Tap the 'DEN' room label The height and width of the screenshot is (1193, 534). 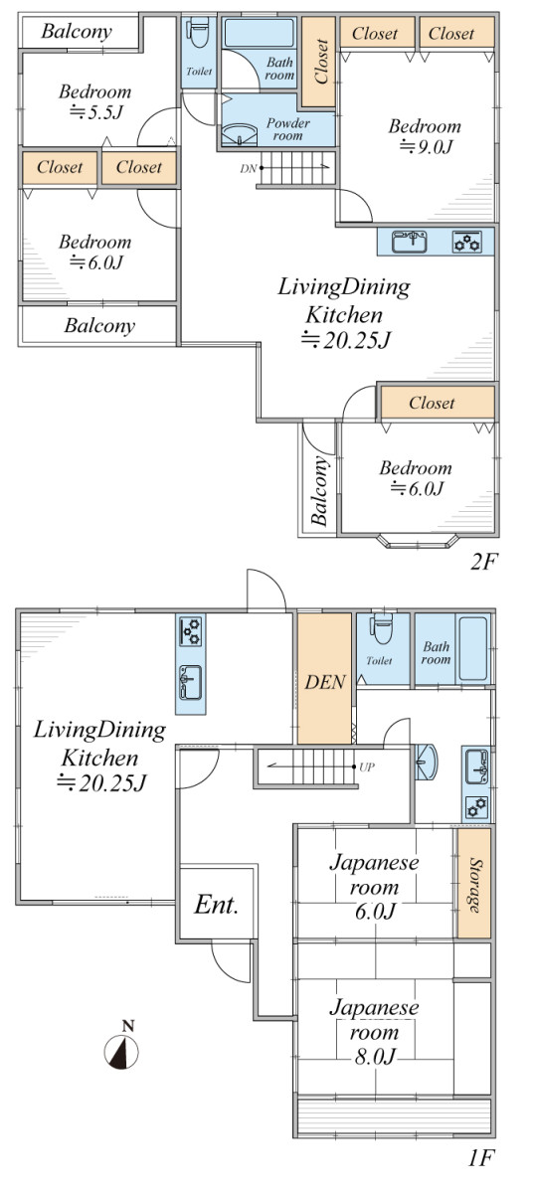(325, 682)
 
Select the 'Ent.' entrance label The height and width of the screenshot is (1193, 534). (217, 905)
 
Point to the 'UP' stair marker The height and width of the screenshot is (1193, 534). (367, 767)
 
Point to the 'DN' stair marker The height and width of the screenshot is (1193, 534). (249, 169)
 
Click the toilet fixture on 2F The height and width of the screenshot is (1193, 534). (198, 33)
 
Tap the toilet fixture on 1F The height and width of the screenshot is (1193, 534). (380, 629)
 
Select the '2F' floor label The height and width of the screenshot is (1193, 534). (483, 562)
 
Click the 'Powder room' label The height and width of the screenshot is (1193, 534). (287, 129)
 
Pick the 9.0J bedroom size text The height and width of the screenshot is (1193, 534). (427, 146)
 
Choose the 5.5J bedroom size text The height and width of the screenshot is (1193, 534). (96, 111)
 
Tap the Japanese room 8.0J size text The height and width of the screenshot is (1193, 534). (375, 1056)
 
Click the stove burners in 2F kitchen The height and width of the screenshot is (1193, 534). (467, 242)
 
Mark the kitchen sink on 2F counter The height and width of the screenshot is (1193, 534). (410, 242)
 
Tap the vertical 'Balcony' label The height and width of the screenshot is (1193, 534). (318, 491)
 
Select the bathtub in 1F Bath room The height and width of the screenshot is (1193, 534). (472, 648)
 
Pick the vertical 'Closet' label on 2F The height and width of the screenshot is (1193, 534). (321, 62)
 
